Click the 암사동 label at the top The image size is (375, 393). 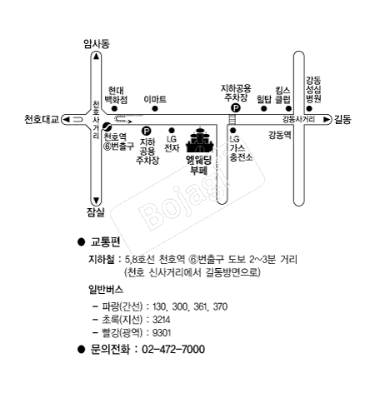pos(97,44)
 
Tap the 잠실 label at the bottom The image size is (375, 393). pos(96,212)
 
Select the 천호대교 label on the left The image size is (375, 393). pos(42,119)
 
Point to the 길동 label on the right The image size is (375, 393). pos(342,119)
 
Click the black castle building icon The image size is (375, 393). pos(200,140)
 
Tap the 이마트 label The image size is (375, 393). pos(155,99)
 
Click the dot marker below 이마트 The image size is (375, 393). pos(155,108)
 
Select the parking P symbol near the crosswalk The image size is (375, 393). pos(236,107)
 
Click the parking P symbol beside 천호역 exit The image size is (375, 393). pos(147,131)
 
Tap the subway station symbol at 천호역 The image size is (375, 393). pos(107,127)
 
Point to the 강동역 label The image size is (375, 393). pos(280,135)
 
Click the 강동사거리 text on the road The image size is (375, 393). pos(299,119)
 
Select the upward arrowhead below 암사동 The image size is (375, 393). pos(96,57)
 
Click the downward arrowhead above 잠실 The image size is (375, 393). pos(96,200)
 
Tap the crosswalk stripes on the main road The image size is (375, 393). pos(232,119)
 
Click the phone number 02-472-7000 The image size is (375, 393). pos(173,349)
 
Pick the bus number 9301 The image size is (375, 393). pos(162,332)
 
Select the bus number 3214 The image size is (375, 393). pos(162,320)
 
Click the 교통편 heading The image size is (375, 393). pos(105,241)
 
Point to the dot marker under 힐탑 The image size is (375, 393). pos(264,108)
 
